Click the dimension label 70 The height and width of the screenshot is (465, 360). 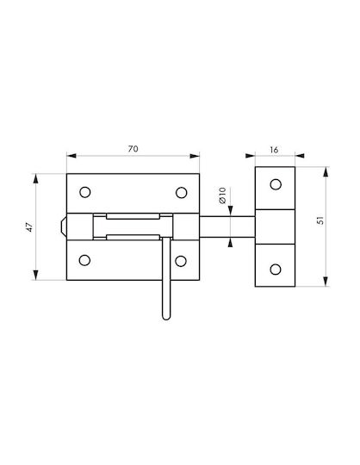tap(133, 149)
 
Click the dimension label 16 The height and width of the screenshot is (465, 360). tap(274, 150)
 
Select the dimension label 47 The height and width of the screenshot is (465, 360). tap(29, 226)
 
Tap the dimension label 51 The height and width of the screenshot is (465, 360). tap(320, 220)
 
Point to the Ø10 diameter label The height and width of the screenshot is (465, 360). tap(222, 195)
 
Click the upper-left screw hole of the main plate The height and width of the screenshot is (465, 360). tap(85, 192)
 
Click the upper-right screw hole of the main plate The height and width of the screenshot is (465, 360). tap(181, 193)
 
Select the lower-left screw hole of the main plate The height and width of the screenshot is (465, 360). tap(84, 260)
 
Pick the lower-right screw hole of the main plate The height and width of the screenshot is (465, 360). tap(181, 261)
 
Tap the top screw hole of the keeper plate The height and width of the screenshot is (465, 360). tap(276, 184)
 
